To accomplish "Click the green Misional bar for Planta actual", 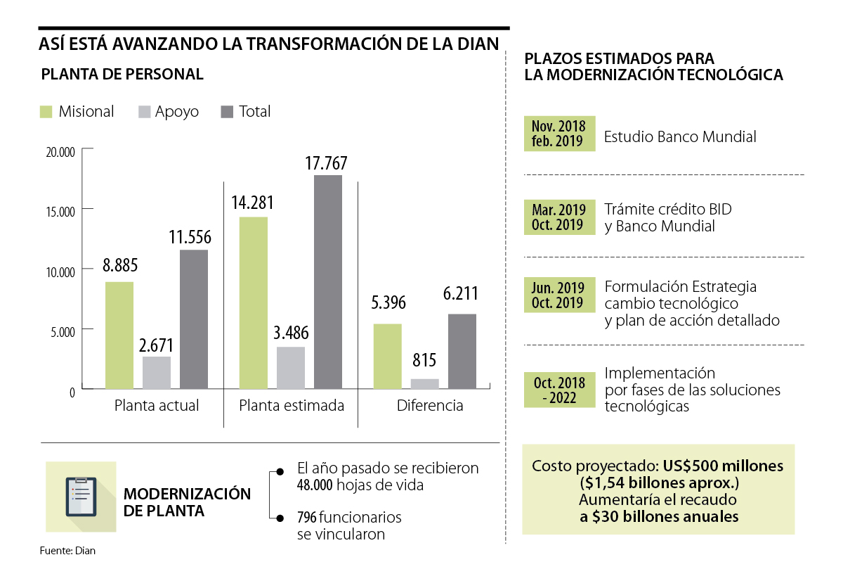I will tap(119, 335).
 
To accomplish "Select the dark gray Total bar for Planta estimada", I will tap(328, 281).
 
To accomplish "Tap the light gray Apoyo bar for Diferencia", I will tap(424, 383).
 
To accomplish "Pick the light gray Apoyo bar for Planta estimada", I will tap(291, 367).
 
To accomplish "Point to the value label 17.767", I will tap(327, 163).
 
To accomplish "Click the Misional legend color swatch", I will tap(47, 112).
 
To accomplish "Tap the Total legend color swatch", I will tap(227, 112).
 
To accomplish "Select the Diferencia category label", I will tap(430, 406).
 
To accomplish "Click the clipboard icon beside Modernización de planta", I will tap(81, 496).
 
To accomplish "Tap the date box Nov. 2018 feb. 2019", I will tap(559, 134).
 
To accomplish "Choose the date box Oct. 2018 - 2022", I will tap(559, 390).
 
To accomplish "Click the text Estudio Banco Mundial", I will tap(680, 137).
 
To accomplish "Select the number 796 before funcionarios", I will tap(306, 518).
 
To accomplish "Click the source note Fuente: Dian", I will tap(67, 551).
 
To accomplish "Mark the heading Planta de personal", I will tap(122, 75).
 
